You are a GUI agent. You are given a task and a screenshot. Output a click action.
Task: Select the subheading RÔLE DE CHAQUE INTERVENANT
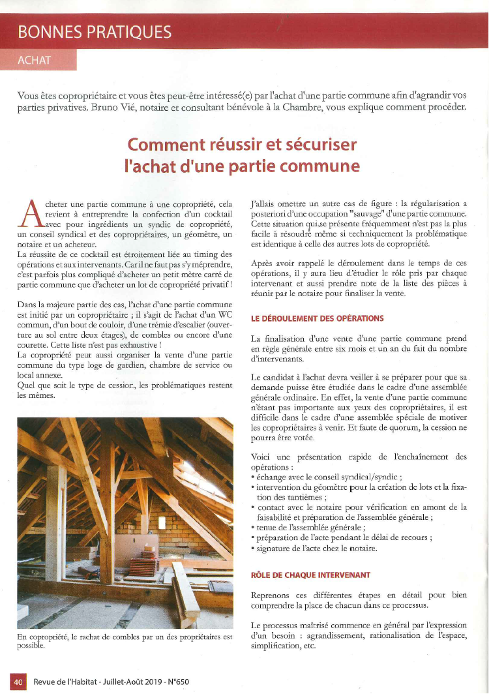(310, 575)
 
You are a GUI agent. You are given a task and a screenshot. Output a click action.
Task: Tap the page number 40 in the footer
(18, 682)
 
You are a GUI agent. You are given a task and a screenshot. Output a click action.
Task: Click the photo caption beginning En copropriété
(124, 641)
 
